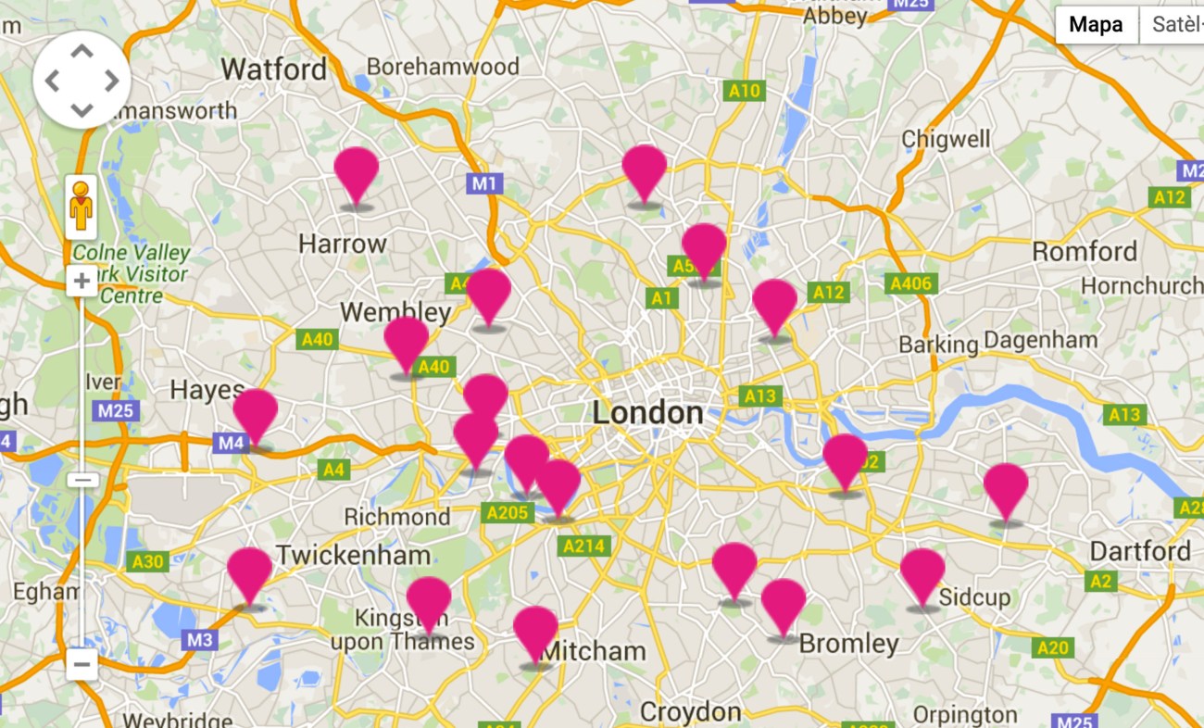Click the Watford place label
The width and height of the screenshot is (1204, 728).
pyautogui.click(x=274, y=69)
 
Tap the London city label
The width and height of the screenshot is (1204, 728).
pyautogui.click(x=647, y=413)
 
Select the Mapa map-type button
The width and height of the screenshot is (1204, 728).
pyautogui.click(x=1096, y=25)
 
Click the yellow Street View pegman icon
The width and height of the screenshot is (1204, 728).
pyautogui.click(x=82, y=206)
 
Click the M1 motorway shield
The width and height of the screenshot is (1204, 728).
pyautogui.click(x=484, y=183)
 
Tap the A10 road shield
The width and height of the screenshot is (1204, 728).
pyautogui.click(x=744, y=91)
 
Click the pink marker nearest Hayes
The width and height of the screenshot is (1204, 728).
pyautogui.click(x=256, y=414)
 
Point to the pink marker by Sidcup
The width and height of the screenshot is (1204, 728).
pyautogui.click(x=922, y=574)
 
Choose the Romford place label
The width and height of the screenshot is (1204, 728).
pyautogui.click(x=1085, y=252)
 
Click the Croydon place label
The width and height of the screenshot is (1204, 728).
pyautogui.click(x=690, y=712)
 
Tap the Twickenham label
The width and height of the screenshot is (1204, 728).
pyautogui.click(x=353, y=556)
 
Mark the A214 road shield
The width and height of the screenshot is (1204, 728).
pyautogui.click(x=584, y=546)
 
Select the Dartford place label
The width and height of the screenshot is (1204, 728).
pyautogui.click(x=1140, y=552)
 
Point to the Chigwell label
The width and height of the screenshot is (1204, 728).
pyautogui.click(x=946, y=140)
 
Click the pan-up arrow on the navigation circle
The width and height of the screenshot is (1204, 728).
pyautogui.click(x=82, y=52)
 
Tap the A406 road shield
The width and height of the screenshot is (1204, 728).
pyautogui.click(x=910, y=283)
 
